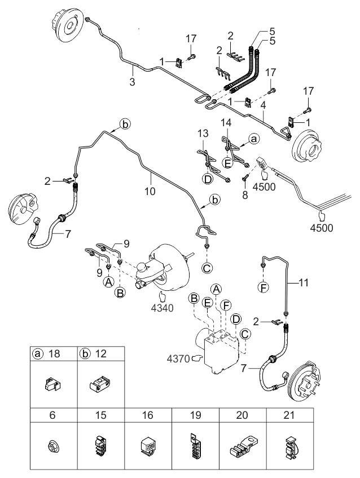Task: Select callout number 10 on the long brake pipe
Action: click(x=149, y=191)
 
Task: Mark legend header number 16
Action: click(x=148, y=414)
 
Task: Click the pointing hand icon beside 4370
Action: click(x=197, y=357)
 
